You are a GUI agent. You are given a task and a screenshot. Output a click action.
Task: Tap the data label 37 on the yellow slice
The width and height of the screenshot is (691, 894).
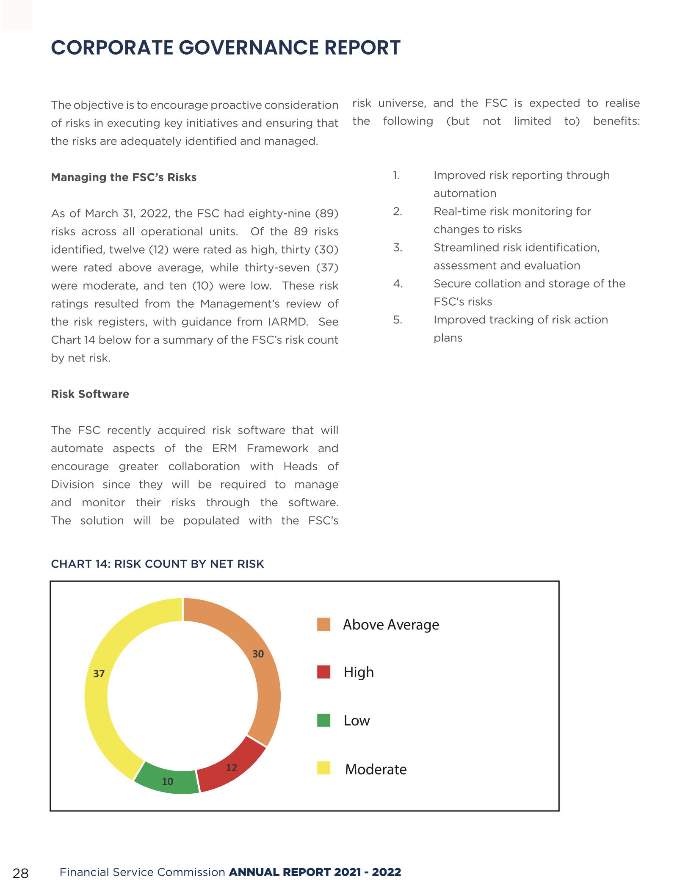(x=99, y=673)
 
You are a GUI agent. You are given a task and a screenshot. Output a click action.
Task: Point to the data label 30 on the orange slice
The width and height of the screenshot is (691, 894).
(x=258, y=654)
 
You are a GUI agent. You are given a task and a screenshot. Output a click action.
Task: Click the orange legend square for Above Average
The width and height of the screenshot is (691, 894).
(x=323, y=624)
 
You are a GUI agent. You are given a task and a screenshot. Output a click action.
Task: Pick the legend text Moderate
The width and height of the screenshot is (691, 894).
(x=376, y=769)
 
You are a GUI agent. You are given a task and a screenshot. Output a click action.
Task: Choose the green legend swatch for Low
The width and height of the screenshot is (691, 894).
(x=323, y=720)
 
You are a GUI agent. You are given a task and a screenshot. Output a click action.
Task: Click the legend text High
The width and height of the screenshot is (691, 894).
(x=358, y=672)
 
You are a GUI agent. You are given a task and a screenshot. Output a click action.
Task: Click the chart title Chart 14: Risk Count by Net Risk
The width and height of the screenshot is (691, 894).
(x=157, y=564)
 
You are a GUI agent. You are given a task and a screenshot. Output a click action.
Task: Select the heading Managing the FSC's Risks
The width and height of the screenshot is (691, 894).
(x=124, y=177)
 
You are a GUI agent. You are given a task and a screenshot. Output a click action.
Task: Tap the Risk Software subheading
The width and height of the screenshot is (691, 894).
(x=90, y=394)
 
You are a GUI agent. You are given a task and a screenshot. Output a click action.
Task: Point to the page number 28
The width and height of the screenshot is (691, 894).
(x=20, y=873)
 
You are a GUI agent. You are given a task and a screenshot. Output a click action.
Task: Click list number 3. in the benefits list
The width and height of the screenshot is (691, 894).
(x=397, y=248)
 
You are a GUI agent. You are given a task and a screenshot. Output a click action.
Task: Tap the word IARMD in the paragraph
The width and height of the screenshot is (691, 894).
(x=287, y=322)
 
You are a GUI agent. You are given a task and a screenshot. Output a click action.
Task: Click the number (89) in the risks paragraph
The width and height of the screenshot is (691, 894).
(x=326, y=213)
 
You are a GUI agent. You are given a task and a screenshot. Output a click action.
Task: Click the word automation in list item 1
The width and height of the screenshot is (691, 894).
(x=464, y=193)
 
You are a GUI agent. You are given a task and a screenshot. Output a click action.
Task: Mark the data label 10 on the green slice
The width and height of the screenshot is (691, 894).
(x=167, y=781)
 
